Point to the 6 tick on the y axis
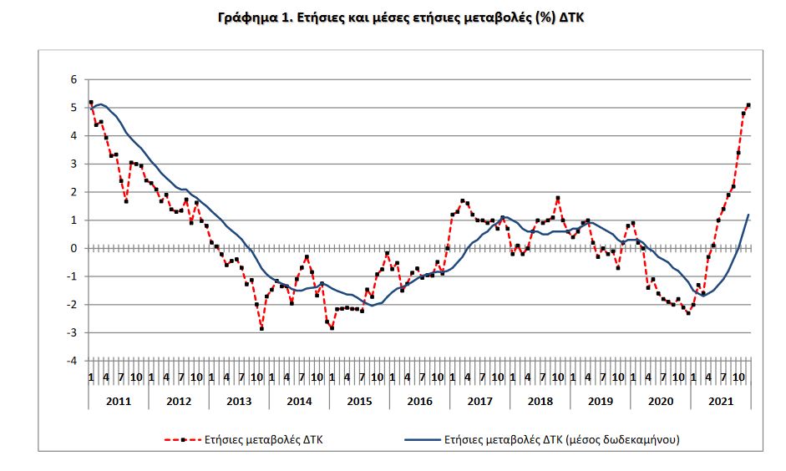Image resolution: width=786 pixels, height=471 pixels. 74,79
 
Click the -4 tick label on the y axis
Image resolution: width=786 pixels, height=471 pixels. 72,361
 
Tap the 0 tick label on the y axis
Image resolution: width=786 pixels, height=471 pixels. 74,248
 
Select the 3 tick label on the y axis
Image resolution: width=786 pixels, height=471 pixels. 74,164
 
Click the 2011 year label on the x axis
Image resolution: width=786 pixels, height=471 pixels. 118,401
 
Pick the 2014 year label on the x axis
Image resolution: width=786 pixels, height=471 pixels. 298,401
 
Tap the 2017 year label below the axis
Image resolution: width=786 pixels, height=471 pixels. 479,401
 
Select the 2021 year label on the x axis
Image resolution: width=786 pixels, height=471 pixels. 719,401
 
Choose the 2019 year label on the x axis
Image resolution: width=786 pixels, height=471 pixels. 599,401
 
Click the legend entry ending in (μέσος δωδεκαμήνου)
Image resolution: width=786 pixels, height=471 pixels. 567,438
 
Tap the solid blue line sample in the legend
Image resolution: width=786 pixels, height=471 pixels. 421,438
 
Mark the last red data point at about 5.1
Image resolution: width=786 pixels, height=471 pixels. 748,105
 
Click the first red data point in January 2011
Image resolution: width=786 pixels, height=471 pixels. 90,102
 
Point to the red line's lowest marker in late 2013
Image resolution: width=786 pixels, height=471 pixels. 261,329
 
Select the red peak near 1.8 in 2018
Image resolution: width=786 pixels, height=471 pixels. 557,198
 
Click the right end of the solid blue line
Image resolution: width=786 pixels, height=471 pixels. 748,215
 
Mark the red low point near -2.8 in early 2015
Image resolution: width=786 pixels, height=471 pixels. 332,327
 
